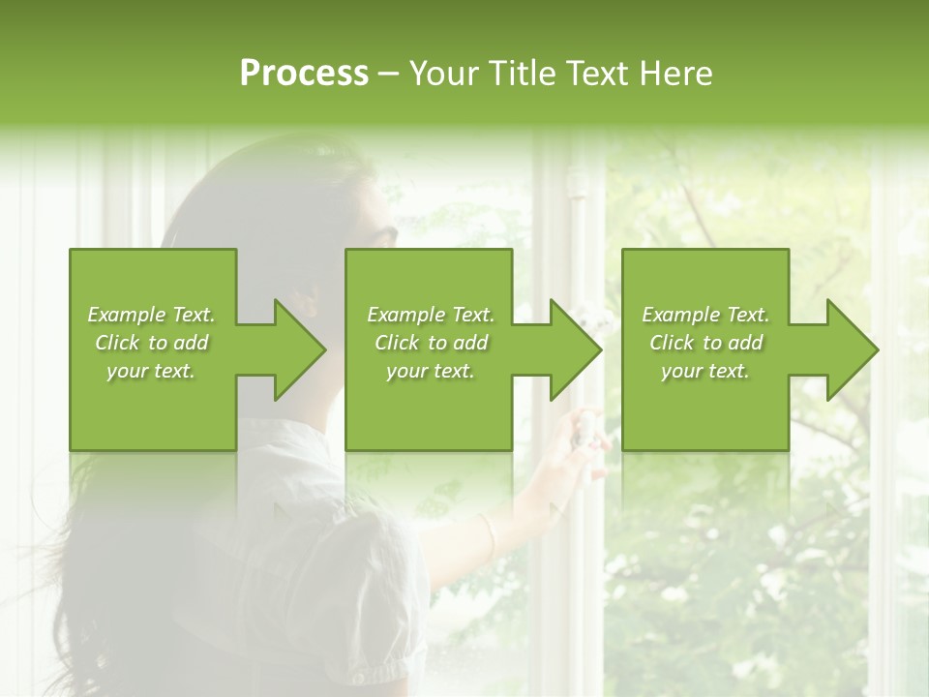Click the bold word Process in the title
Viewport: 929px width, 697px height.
click(x=304, y=74)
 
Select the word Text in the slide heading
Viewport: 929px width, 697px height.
click(x=594, y=74)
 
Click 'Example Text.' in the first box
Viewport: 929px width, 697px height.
click(x=151, y=315)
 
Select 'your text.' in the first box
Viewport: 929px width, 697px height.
click(x=151, y=371)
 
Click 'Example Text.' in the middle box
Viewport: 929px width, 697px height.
click(x=431, y=315)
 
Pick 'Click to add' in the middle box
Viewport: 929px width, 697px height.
click(x=431, y=343)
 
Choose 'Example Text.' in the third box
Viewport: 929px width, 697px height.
click(x=705, y=315)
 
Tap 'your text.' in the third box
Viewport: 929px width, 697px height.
click(x=705, y=371)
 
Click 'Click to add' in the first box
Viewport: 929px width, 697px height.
click(x=151, y=343)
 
